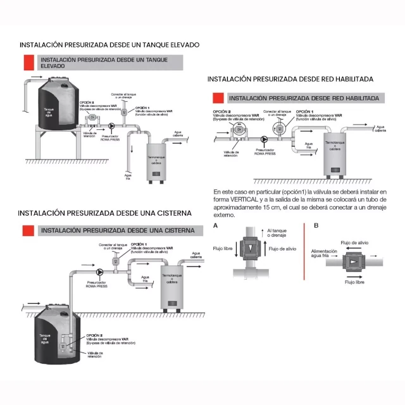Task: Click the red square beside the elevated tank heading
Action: [x=28, y=62]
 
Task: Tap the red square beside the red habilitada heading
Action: [x=218, y=98]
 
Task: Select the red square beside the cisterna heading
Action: [x=28, y=230]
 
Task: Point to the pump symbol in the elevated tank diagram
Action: [x=112, y=126]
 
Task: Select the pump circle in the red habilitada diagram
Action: [x=264, y=139]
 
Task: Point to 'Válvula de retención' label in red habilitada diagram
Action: [x=232, y=153]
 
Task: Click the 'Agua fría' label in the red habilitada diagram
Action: [x=309, y=145]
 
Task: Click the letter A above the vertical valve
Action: [x=216, y=226]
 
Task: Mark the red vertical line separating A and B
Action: [x=306, y=253]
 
